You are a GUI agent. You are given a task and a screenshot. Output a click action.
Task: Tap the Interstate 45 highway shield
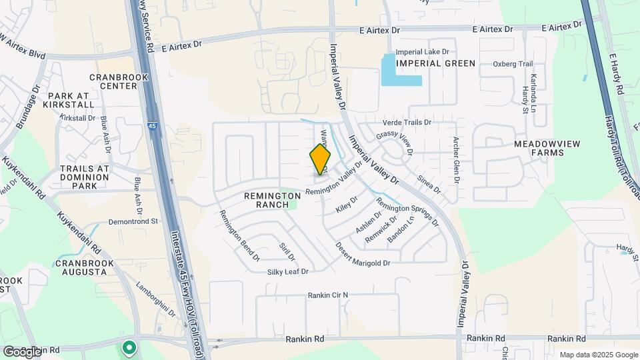pos(152,125)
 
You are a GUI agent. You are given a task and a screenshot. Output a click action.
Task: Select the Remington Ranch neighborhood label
pos(273,200)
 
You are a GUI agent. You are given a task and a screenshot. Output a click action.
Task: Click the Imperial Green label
pos(435,63)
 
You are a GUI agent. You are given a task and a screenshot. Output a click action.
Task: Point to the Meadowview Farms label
pos(539,148)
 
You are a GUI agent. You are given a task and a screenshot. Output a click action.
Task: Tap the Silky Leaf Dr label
pos(288,271)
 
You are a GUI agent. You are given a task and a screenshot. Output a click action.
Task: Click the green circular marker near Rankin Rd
pos(128,347)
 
